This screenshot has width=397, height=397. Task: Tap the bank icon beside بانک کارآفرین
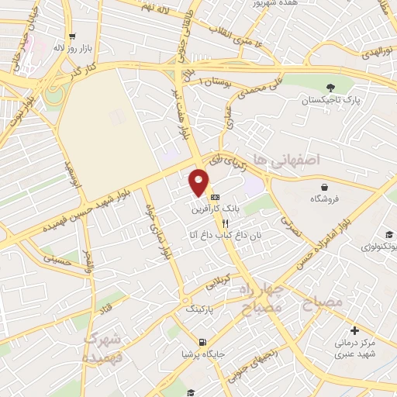pyautogui.click(x=215, y=197)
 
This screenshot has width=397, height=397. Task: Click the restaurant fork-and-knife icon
pyautogui.click(x=225, y=222)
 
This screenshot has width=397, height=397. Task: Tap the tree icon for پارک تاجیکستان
pyautogui.click(x=332, y=88)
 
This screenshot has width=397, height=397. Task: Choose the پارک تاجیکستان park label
pyautogui.click(x=332, y=101)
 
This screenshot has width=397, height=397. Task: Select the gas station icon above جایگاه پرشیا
pyautogui.click(x=202, y=343)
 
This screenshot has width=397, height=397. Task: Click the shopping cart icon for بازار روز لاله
pyautogui.click(x=71, y=36)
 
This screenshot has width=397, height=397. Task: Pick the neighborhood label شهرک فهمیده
pyautogui.click(x=104, y=347)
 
